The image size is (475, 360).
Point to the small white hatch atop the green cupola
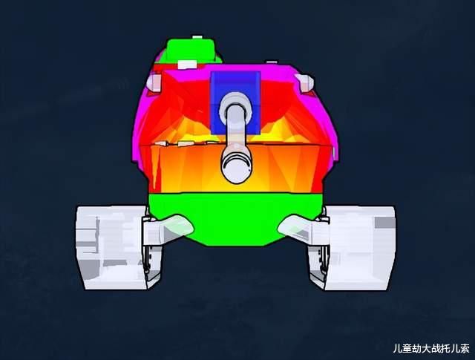197,37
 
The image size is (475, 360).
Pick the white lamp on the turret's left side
154,82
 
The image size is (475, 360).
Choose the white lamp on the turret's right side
305,82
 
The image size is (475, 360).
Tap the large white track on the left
111,248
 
